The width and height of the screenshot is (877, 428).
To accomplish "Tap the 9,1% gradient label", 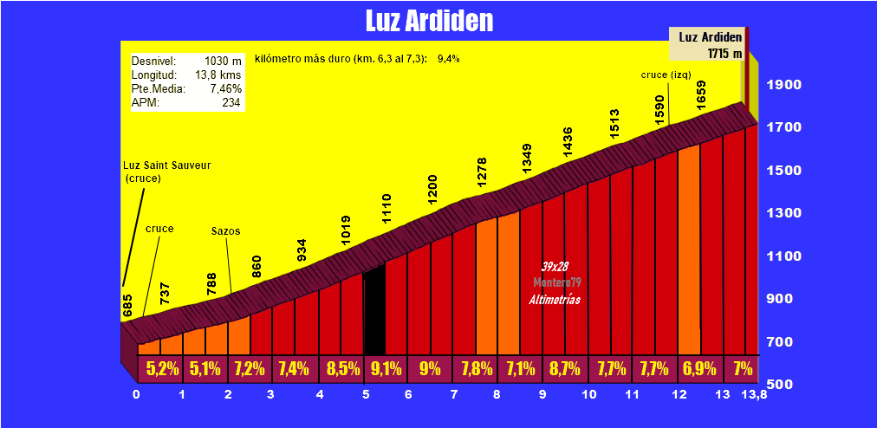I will pyautogui.click(x=386, y=368).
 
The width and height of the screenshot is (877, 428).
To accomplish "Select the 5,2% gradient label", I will pyautogui.click(x=162, y=368).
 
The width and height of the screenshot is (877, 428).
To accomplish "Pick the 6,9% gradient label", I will pyautogui.click(x=699, y=368).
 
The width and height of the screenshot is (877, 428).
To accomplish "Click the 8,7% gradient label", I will pyautogui.click(x=564, y=368).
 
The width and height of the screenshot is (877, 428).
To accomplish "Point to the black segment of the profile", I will pyautogui.click(x=374, y=312).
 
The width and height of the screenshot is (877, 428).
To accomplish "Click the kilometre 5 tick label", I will pyautogui.click(x=366, y=395).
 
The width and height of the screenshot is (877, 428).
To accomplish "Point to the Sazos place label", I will pyautogui.click(x=225, y=231).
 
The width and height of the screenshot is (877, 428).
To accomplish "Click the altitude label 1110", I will pyautogui.click(x=387, y=211).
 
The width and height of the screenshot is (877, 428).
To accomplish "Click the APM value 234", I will pyautogui.click(x=231, y=102).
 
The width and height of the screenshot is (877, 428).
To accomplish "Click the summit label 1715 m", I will pyautogui.click(x=724, y=53).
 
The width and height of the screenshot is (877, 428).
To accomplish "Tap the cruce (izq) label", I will pyautogui.click(x=666, y=75).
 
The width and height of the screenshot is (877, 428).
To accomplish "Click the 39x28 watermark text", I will pyautogui.click(x=555, y=266).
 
